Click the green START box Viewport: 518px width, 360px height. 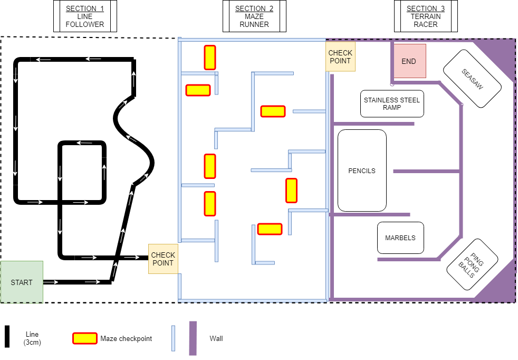22,282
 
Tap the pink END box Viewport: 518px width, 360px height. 409,61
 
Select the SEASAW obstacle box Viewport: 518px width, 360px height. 472,79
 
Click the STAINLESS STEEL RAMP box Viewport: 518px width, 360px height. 393,103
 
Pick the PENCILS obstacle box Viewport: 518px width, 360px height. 362,170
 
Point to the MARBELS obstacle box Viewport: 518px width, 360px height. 400,238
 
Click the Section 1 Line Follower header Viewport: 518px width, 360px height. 85,16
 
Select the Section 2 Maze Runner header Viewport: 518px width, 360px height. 254,16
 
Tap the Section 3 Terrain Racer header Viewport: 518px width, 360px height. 426,16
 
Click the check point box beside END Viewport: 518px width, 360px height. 340,57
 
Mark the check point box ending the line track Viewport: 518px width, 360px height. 163,259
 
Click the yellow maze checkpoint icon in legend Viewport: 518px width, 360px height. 84,338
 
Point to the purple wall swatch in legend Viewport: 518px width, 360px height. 193,338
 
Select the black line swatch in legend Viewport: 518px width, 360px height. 7,337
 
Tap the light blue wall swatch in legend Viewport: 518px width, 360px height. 173,338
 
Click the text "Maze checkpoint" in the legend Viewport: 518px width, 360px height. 126,338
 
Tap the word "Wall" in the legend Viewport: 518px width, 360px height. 216,338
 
